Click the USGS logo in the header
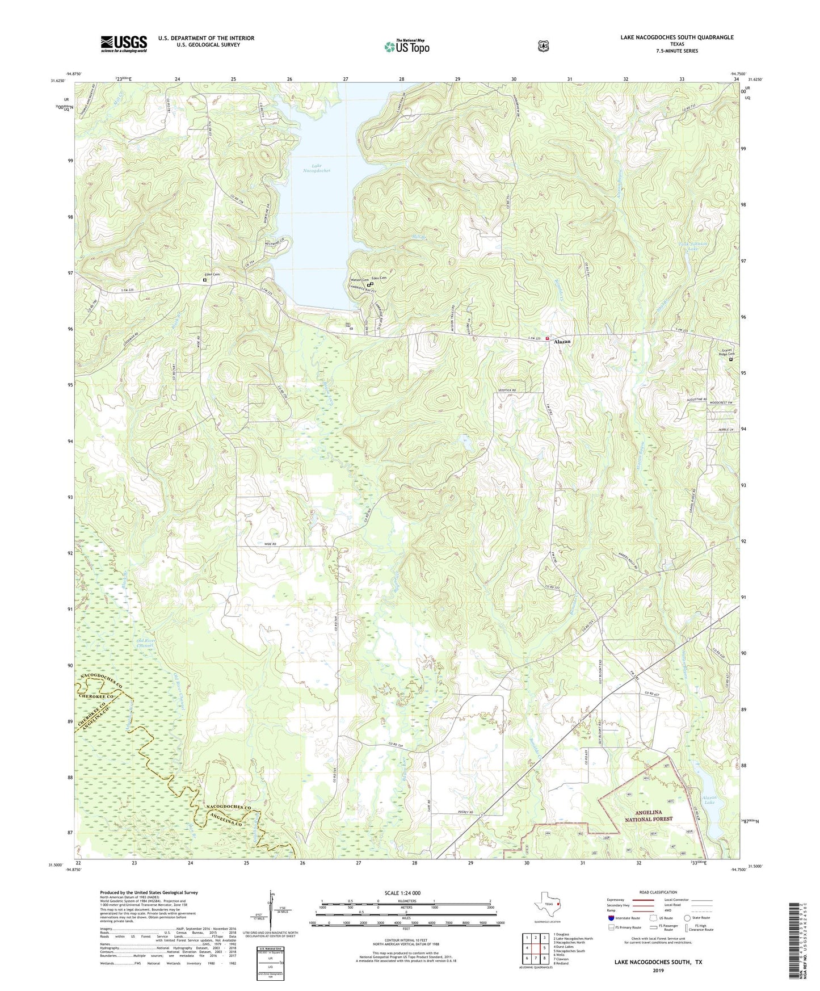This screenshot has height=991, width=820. pyautogui.click(x=124, y=44)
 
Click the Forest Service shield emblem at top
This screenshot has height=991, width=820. pyautogui.click(x=543, y=46)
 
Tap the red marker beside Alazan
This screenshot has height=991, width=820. pyautogui.click(x=548, y=339)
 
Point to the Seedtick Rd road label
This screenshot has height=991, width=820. pyautogui.click(x=507, y=391)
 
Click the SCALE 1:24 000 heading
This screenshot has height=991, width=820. pyautogui.click(x=402, y=893)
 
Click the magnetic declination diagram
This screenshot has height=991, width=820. pyautogui.click(x=271, y=914)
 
